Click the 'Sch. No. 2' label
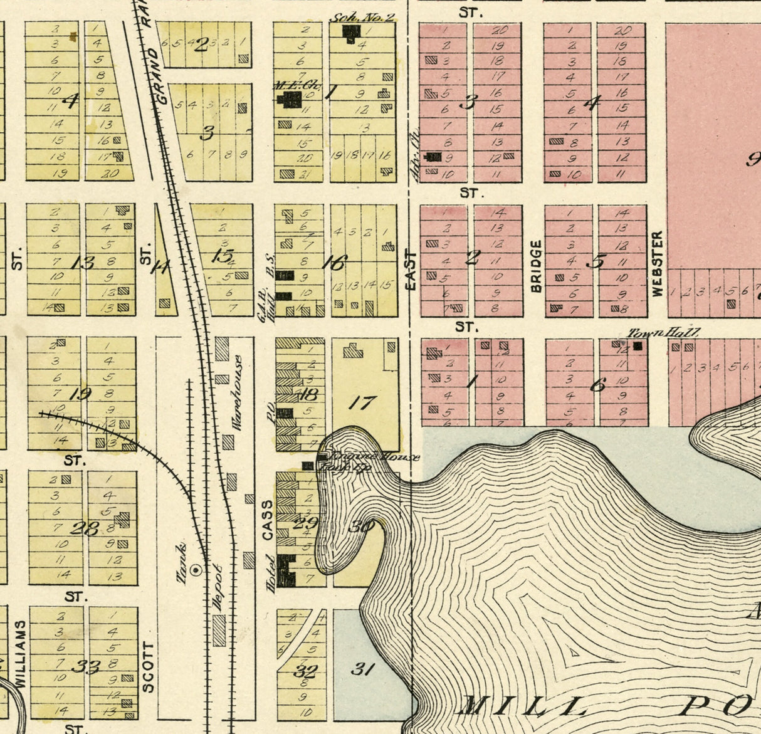coord(362,17)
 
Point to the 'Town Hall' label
coord(664,333)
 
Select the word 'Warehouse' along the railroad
coord(237,393)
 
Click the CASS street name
coord(268,520)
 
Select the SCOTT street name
coord(148,667)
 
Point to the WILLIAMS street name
coord(21,654)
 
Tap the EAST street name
coord(411,270)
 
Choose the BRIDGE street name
coord(536,266)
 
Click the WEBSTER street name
coord(657,264)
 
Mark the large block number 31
coord(362,669)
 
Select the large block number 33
coord(85,666)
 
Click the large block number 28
coord(84,528)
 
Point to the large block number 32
coord(306,671)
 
